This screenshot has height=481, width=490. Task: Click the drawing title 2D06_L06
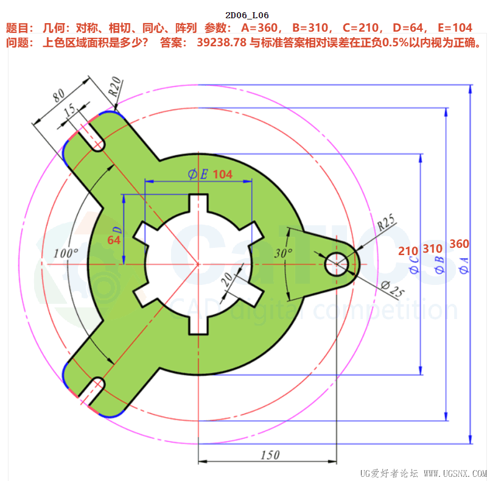click(247, 15)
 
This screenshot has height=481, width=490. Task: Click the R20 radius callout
click(114, 86)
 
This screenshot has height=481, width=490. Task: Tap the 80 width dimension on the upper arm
click(59, 95)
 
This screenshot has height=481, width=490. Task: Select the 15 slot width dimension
click(69, 110)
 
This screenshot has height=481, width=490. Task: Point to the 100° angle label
click(66, 253)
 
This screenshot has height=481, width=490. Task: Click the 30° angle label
click(284, 253)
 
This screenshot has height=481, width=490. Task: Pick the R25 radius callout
click(385, 222)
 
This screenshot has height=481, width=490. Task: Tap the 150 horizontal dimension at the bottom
click(270, 455)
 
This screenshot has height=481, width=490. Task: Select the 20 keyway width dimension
click(227, 279)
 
